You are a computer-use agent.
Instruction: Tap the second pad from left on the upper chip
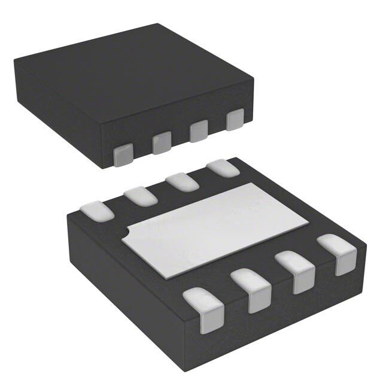tap(161, 143)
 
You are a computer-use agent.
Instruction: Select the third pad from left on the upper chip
tap(199, 131)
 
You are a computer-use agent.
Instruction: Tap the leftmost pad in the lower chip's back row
tap(96, 211)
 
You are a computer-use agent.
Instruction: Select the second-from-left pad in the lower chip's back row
tap(141, 196)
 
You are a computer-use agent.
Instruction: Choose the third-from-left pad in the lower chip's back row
tap(183, 181)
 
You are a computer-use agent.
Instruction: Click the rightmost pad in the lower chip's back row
tap(223, 168)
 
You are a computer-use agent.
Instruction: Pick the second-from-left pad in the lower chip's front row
tap(251, 290)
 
